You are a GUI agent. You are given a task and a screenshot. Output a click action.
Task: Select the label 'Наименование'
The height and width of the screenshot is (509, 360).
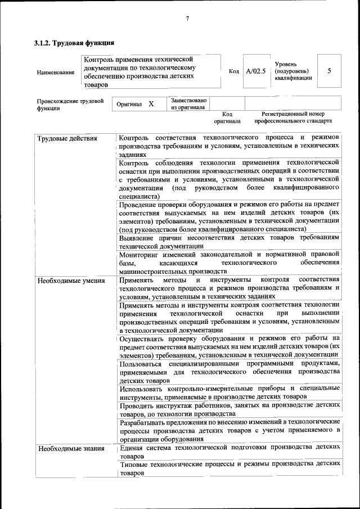[55, 72]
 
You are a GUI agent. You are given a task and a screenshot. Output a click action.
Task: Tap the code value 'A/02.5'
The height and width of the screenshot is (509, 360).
[256, 71]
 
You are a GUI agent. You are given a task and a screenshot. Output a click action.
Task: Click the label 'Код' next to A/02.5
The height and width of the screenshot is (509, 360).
[234, 71]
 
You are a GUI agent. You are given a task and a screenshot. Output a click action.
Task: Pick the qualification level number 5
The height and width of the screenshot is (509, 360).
[329, 71]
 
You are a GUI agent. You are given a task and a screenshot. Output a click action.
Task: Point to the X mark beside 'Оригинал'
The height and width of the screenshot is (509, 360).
[151, 104]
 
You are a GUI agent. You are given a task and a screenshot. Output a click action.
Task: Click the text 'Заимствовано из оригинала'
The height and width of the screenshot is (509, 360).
[188, 103]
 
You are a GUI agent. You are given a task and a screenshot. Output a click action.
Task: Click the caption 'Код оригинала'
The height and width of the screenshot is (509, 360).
[227, 118]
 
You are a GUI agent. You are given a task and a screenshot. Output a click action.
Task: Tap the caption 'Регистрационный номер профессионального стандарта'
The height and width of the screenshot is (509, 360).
[293, 118]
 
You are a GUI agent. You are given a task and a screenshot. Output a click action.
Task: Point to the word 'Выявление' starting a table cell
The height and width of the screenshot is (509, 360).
[138, 238]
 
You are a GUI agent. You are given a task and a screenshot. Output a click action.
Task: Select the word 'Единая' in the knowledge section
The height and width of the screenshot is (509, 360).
[132, 448]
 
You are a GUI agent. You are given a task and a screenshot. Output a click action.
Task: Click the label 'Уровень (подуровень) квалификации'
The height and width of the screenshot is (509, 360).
[293, 71]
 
